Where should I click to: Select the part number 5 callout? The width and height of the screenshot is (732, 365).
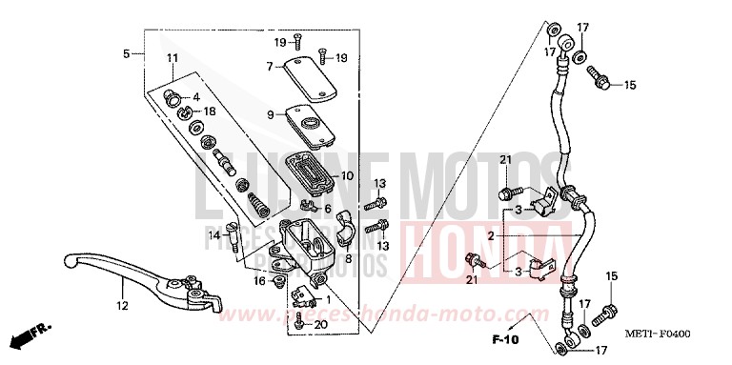tap(127, 54)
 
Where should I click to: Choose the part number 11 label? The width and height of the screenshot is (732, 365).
tap(172, 59)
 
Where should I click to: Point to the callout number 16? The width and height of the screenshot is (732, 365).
tap(259, 281)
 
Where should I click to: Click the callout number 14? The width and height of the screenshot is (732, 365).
tap(214, 234)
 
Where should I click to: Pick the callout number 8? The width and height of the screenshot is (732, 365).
tap(349, 258)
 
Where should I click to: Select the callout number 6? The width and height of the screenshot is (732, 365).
tap(327, 209)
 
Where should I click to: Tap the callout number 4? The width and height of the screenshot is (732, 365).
tap(194, 97)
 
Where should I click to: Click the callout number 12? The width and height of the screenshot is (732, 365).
tap(121, 307)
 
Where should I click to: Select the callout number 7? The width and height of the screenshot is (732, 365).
tap(270, 67)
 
